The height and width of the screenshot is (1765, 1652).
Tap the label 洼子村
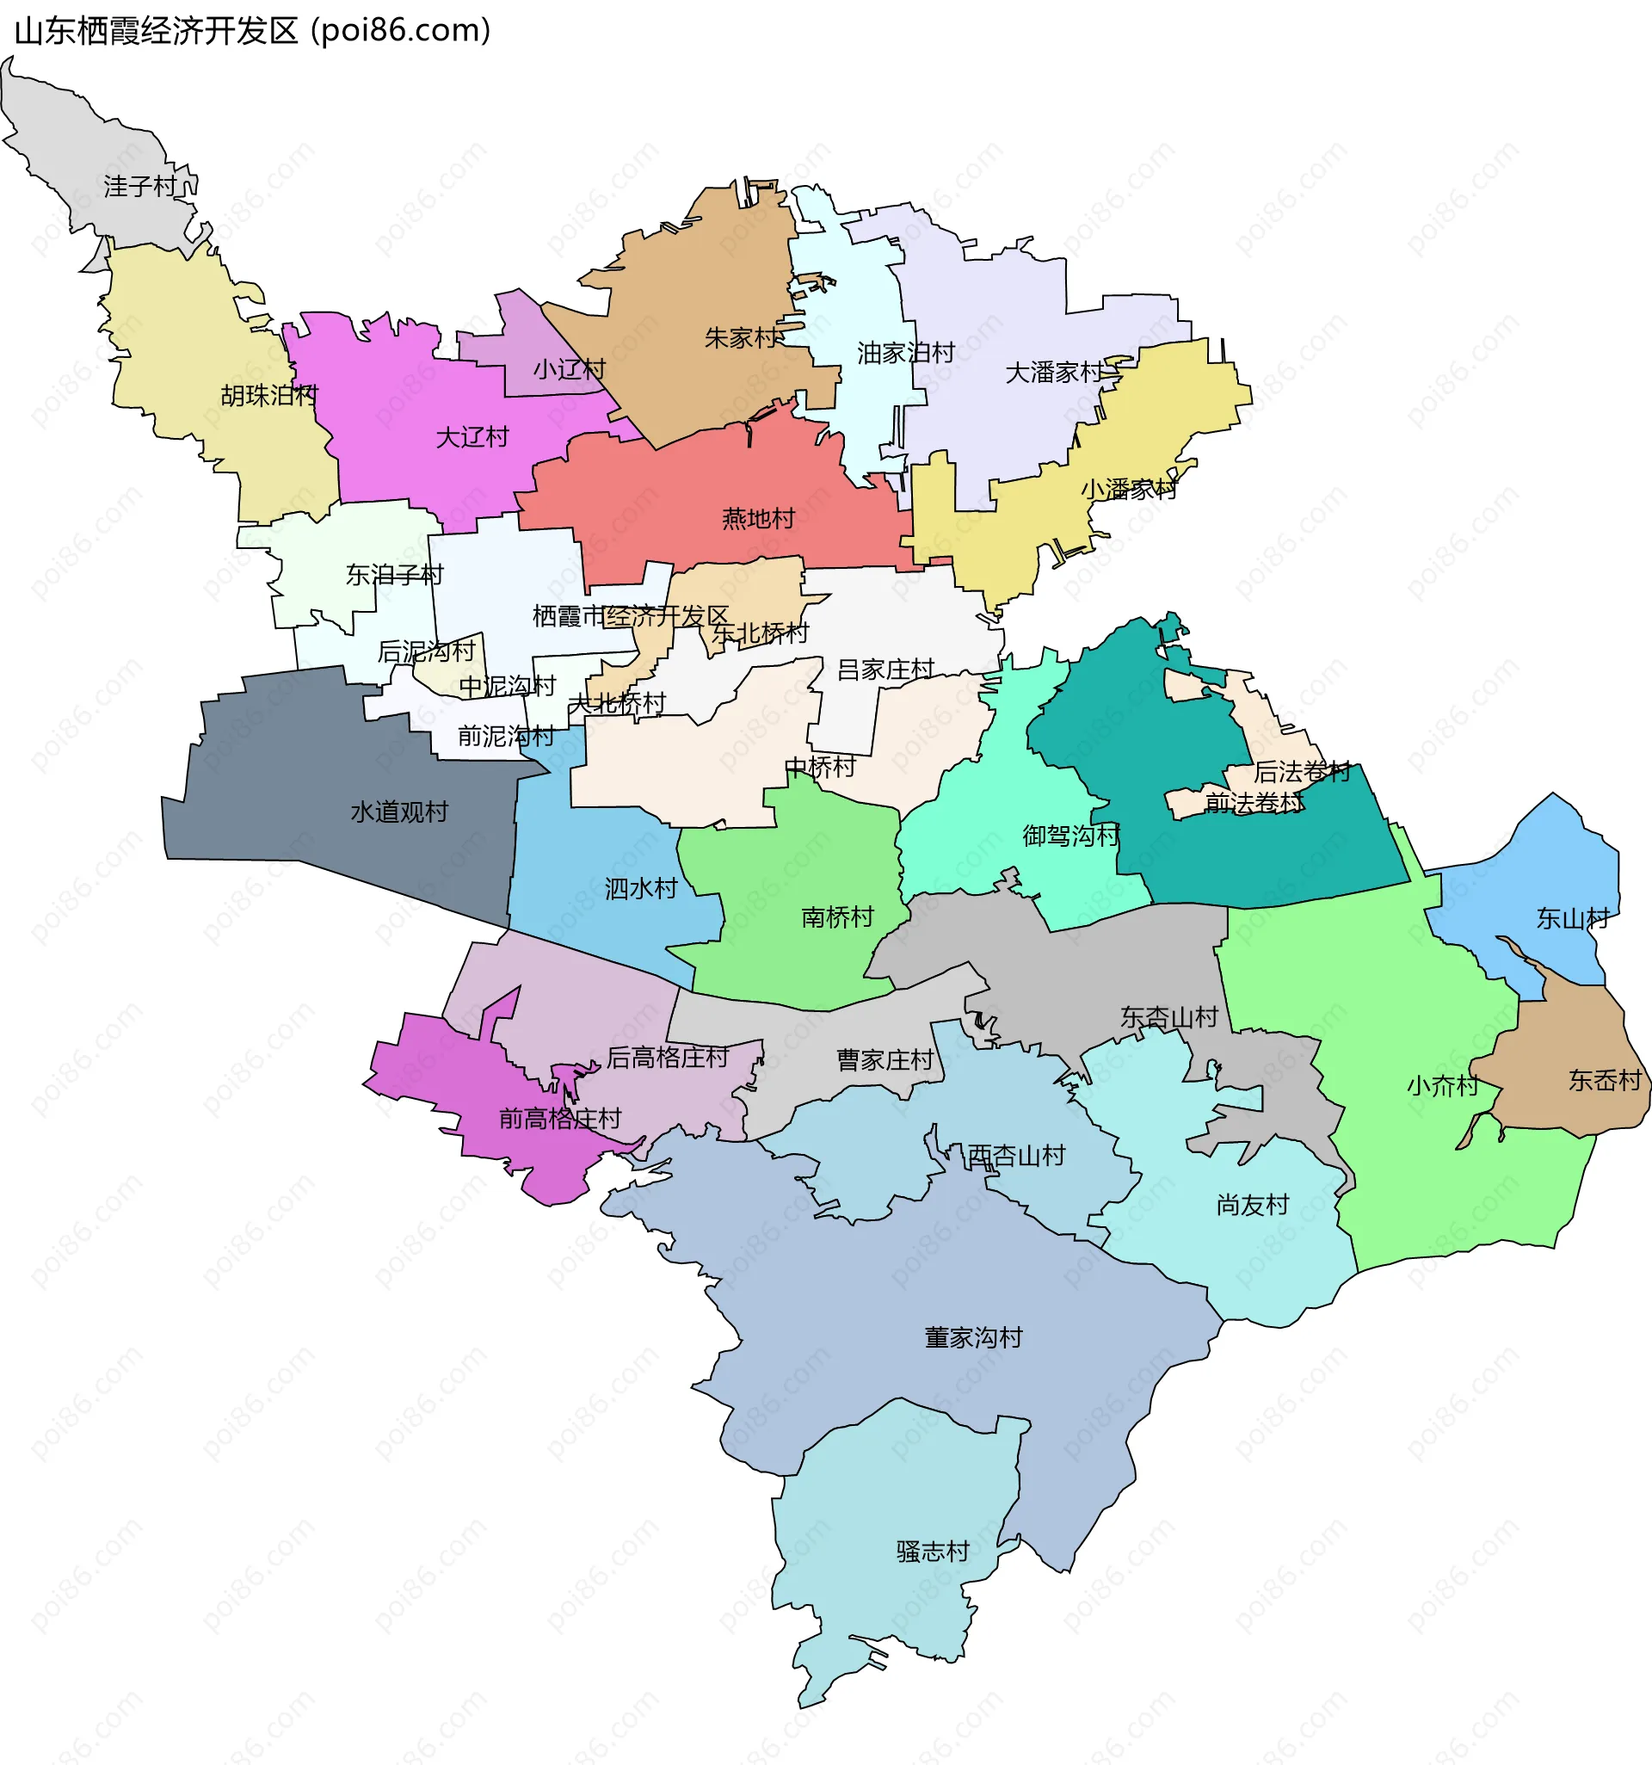140,187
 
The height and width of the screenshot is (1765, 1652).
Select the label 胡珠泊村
269,395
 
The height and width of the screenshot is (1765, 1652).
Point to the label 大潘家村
1054,373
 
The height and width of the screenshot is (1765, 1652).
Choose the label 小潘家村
1127,489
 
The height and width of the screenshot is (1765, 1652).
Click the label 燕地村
758,519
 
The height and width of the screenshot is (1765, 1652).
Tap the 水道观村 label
399,812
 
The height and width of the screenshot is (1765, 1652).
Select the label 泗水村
641,889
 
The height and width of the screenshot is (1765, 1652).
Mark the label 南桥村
837,917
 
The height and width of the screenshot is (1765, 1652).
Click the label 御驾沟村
1070,836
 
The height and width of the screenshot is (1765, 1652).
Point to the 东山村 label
1572,919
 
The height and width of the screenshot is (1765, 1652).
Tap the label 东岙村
1604,1081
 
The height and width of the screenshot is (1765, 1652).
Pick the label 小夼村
1443,1086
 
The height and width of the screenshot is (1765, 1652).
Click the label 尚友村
1252,1205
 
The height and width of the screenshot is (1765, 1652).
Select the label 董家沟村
973,1337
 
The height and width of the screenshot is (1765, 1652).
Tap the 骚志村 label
932,1551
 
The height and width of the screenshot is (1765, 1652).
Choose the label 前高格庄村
559,1119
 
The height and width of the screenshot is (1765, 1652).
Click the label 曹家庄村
885,1060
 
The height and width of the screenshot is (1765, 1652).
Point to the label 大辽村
472,437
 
